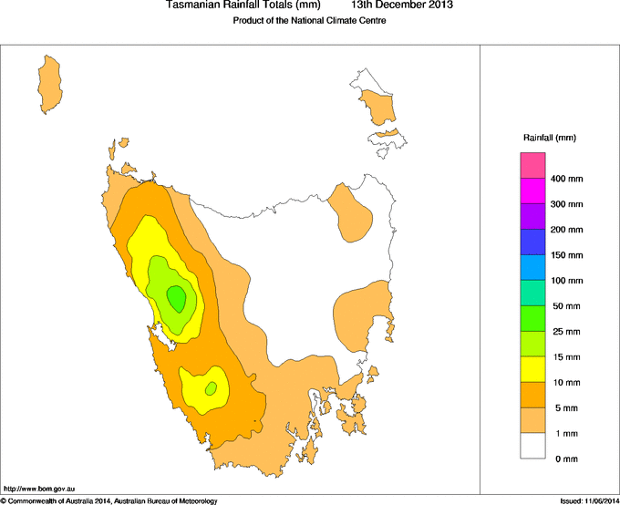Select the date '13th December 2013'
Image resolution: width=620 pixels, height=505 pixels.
point(402,5)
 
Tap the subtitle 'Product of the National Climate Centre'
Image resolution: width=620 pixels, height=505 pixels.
point(310,21)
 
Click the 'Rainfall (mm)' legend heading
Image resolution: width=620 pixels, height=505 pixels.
point(549,138)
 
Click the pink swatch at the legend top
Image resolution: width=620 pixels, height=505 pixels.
point(532,166)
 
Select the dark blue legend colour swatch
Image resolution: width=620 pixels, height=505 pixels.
point(532,242)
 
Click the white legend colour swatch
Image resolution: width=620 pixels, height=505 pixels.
point(532,446)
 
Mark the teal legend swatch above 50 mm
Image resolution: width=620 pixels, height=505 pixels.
point(532,294)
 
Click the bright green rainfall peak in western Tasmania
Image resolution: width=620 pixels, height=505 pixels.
point(176,297)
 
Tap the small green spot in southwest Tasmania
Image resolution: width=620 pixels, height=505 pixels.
point(211,388)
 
